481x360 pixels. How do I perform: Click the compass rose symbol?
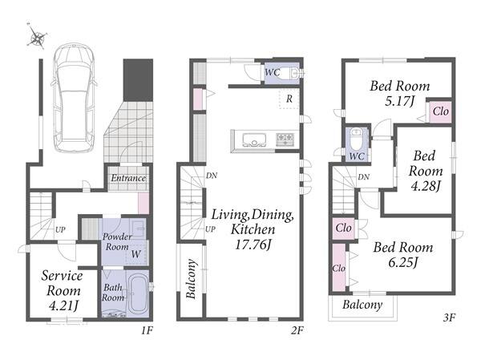37,35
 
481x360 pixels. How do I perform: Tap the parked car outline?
74,98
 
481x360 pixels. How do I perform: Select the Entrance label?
128,178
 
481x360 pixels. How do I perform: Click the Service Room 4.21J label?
63,290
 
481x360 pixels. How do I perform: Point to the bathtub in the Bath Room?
138,294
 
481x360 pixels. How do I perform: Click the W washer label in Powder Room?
136,254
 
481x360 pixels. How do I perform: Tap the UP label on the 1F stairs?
60,229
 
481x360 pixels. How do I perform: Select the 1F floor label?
147,330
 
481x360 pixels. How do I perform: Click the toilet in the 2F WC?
291,73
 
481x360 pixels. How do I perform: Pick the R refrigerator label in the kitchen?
289,99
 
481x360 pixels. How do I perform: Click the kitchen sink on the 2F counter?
254,140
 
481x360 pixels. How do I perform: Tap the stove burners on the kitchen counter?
285,140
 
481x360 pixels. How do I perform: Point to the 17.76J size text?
253,245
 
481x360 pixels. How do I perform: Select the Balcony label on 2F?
191,279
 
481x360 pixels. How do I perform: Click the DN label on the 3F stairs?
363,176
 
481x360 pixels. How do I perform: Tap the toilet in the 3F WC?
356,139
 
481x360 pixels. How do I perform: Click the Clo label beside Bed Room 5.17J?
440,111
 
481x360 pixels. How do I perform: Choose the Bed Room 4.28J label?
426,171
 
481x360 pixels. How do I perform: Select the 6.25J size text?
402,263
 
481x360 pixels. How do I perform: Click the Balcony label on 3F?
362,305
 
